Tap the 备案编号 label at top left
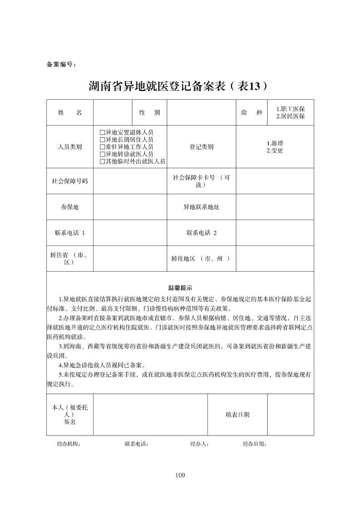pos(61,64)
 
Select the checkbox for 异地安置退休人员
pos(102,132)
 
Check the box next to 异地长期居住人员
pos(102,140)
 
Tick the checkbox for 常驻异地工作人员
pos(102,147)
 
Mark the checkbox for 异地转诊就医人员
pos(102,154)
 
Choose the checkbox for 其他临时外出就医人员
pos(102,162)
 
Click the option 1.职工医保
pos(290,109)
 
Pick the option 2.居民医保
pos(290,117)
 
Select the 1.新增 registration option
pos(275,143)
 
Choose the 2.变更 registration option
pos(275,151)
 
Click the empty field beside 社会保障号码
pos(130,181)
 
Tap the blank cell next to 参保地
pos(130,207)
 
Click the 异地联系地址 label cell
pos(201,207)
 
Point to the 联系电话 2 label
pos(201,233)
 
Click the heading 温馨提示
pos(180,288)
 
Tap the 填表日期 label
pos(237,415)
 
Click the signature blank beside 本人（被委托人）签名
pos(150,415)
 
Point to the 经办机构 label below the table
pos(69,444)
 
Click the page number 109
pos(180,475)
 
